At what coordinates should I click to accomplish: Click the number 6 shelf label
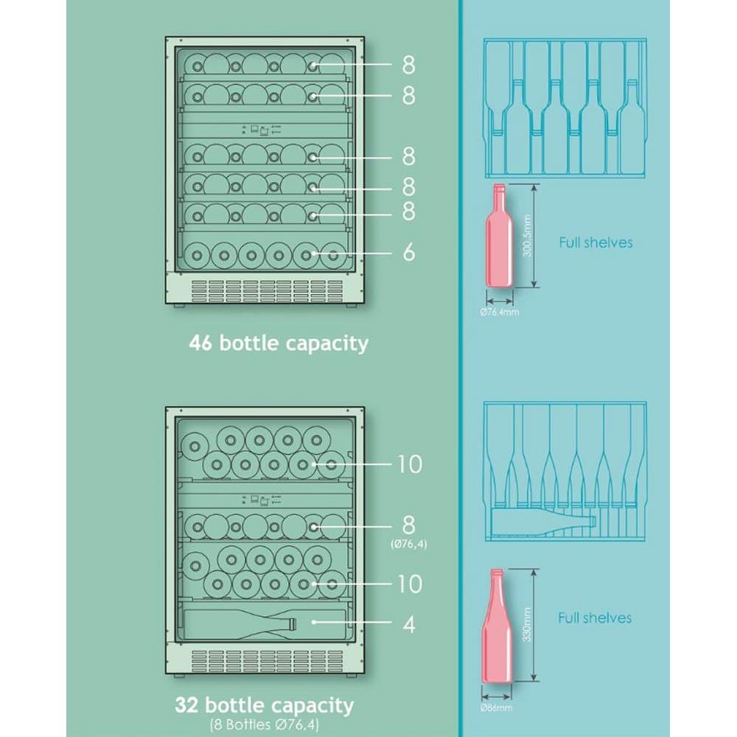click(x=409, y=252)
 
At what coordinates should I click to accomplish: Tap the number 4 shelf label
click(x=409, y=624)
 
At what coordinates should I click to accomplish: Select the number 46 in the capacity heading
click(x=201, y=343)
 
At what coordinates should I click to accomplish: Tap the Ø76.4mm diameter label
click(x=499, y=312)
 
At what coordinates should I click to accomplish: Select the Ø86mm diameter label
click(x=496, y=708)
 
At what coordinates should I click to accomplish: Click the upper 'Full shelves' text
click(x=595, y=242)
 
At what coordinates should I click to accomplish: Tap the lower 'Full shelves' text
click(x=595, y=618)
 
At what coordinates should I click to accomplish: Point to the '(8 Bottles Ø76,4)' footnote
click(x=264, y=724)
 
